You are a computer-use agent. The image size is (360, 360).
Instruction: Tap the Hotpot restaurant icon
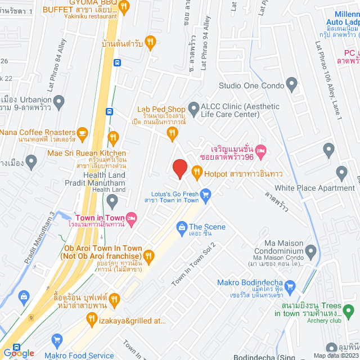coord(196,173)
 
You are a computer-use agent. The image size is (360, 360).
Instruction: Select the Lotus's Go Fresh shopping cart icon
coord(206,195)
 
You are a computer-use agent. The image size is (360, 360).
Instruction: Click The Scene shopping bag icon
coord(181,227)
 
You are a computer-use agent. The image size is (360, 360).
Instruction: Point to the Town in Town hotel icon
coord(132,218)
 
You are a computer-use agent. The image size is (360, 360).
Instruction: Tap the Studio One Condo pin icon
coord(291,85)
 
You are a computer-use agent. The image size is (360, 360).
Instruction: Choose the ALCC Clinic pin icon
coord(193,107)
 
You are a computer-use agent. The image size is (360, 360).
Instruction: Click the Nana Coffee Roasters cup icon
coord(83,133)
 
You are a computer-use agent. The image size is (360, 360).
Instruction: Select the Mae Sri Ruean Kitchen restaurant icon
coord(113,137)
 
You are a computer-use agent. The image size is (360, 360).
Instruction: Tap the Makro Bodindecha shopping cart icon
coord(290,287)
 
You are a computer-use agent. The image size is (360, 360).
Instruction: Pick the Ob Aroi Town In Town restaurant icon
coord(148,254)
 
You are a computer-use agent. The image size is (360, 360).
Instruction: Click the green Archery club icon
coord(348,310)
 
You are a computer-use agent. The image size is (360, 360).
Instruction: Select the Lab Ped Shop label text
coord(161,110)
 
